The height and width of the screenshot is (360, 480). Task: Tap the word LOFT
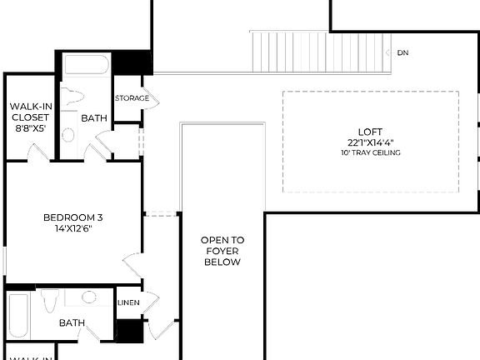tap(370, 132)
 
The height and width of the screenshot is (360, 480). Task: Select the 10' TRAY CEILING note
tap(370, 153)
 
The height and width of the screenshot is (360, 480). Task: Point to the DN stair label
tap(402, 53)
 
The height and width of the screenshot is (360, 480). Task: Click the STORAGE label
tap(132, 98)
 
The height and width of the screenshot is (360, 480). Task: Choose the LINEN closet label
tap(128, 302)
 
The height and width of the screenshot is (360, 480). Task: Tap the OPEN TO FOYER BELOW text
tap(222, 251)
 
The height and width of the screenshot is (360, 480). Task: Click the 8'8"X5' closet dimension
tap(30, 129)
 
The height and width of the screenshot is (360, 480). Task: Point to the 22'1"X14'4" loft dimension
tap(370, 142)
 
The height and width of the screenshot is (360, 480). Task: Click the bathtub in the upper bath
tap(87, 66)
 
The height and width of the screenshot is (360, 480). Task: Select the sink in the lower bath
tap(88, 297)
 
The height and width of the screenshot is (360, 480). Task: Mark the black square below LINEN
tap(128, 330)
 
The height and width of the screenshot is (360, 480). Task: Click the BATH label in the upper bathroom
tap(94, 118)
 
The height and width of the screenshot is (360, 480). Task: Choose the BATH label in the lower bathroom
tap(72, 322)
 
